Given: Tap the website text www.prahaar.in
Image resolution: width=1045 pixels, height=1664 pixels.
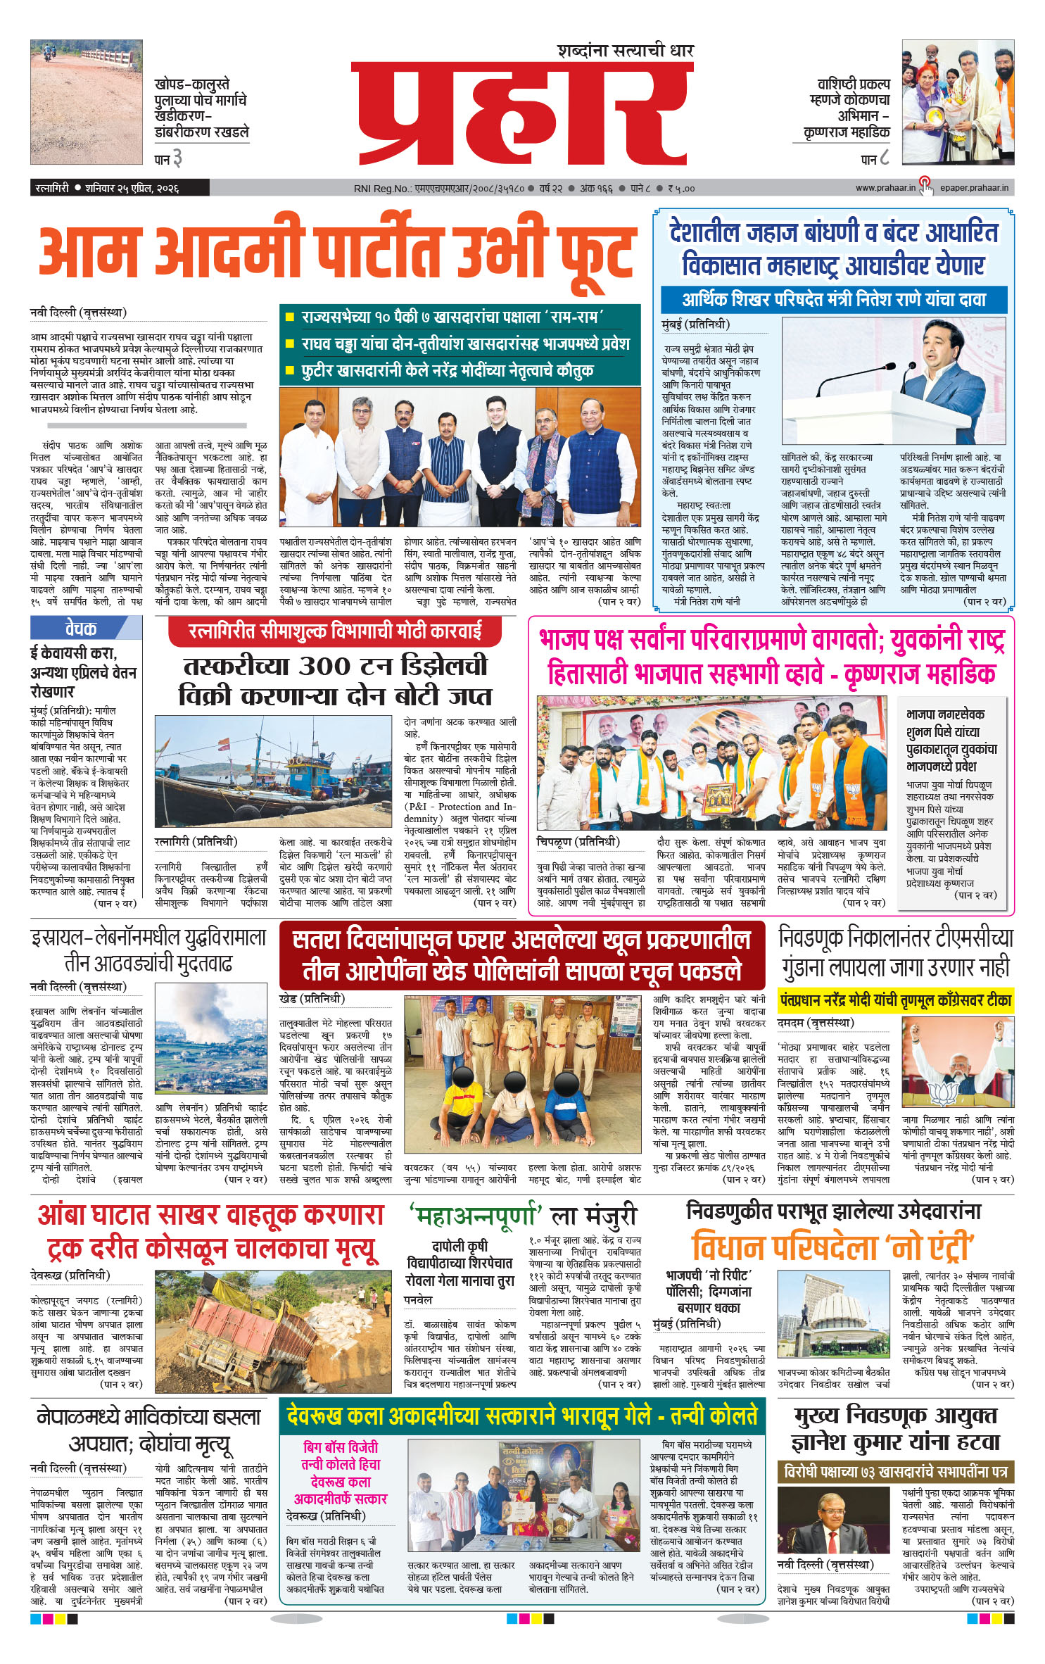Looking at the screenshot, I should (x=885, y=188).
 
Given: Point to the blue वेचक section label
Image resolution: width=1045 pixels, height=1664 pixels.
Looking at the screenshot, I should (x=80, y=627).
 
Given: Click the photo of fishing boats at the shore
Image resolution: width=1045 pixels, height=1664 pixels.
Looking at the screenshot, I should (x=272, y=772).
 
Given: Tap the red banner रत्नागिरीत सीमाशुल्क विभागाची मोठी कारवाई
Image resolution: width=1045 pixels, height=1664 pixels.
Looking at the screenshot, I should (x=334, y=631).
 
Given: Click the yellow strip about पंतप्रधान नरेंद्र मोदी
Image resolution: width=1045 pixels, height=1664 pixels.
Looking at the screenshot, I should (x=895, y=1000).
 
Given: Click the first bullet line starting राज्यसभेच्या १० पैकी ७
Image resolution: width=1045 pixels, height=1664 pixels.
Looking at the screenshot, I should (x=450, y=317).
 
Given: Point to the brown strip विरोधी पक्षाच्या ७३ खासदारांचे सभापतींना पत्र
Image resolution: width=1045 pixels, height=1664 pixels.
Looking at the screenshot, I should (x=895, y=1470).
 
